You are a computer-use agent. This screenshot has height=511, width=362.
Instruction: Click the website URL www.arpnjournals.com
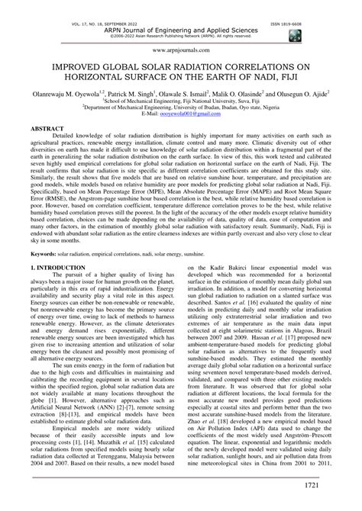[181, 47]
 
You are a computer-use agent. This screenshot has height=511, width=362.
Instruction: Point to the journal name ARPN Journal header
[181, 12]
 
